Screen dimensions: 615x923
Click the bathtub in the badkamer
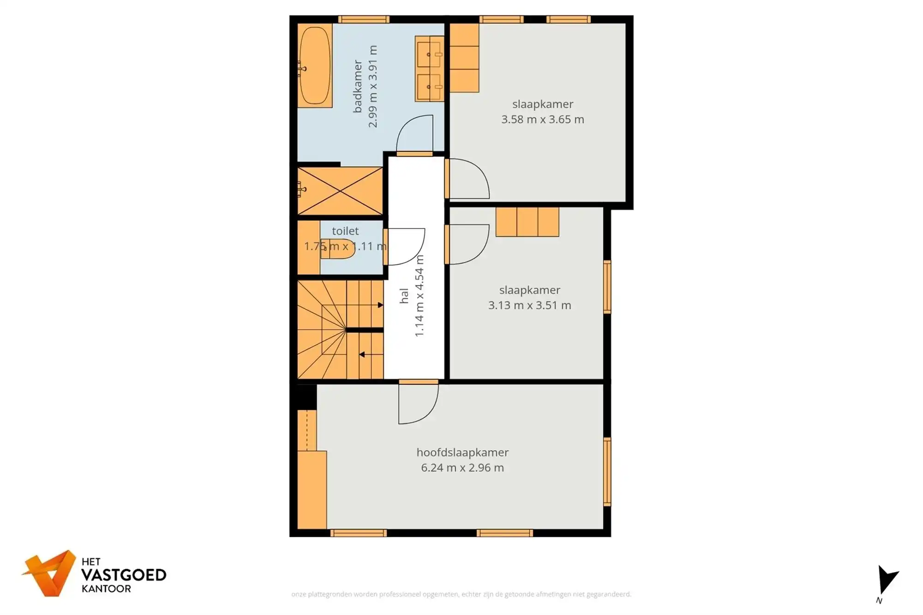click(315, 66)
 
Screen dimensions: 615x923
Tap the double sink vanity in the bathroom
click(429, 69)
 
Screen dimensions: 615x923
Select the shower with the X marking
click(340, 191)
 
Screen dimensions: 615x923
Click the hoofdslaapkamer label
click(462, 452)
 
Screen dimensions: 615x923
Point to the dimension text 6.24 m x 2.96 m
click(462, 467)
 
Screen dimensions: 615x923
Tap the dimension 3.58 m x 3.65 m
click(543, 119)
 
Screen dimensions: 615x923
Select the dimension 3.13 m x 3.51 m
click(529, 305)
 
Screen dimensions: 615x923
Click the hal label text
click(404, 296)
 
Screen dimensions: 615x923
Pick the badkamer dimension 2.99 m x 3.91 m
click(372, 86)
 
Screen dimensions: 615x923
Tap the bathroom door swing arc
click(415, 133)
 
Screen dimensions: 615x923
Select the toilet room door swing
click(405, 247)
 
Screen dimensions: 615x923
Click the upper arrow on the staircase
click(380, 305)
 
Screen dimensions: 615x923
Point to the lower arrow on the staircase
click(362, 354)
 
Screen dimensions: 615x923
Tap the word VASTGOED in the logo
click(124, 575)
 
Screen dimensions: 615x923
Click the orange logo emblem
click(50, 573)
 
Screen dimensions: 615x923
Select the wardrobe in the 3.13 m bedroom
click(527, 222)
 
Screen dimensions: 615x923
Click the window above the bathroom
click(364, 19)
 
